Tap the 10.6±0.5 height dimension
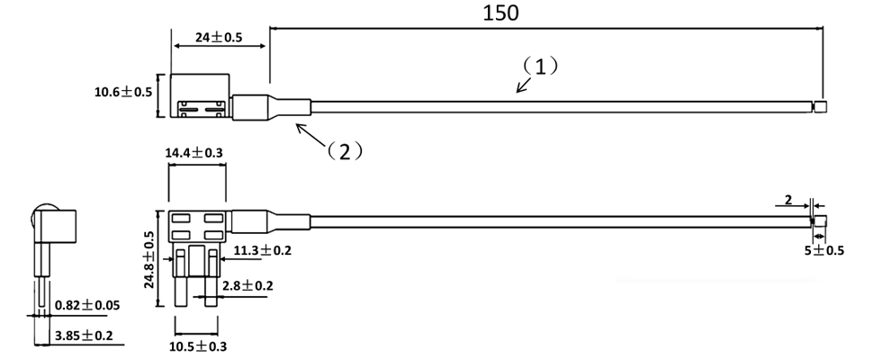coord(122,92)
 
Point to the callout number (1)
coord(541,66)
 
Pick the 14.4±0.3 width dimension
coord(194,153)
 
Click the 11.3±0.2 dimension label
coord(262,250)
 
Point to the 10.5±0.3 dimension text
coord(198,346)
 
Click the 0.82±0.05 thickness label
coord(87,306)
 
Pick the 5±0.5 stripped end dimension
coord(823,250)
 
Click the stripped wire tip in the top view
coord(819,107)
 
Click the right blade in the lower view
coord(212,279)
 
